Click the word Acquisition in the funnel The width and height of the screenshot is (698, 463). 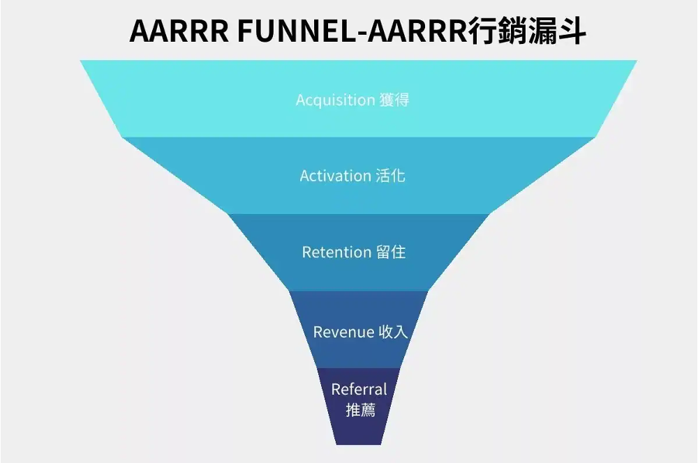[x=335, y=100]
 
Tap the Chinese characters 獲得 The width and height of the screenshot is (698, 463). [x=394, y=100]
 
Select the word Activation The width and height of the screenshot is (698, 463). [x=335, y=176]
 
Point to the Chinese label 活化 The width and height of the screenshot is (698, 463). [x=390, y=176]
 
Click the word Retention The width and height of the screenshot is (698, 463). [x=336, y=252]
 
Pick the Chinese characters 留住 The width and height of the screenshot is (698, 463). [x=391, y=252]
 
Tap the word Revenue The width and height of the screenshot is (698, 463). [x=343, y=332]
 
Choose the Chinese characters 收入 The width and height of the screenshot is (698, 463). [x=393, y=332]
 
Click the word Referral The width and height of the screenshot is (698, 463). [x=359, y=389]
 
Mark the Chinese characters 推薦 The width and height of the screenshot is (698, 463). [x=361, y=409]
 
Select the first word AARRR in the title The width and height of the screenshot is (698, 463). [x=179, y=31]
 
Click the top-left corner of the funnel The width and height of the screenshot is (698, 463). [x=80, y=61]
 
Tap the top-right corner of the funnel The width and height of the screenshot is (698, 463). [x=637, y=61]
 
